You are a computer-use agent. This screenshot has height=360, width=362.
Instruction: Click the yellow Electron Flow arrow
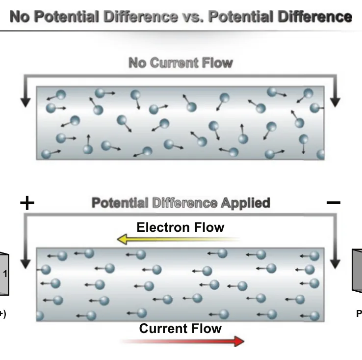[x=179, y=239]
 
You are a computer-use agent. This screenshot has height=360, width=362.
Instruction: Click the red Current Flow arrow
[x=182, y=341]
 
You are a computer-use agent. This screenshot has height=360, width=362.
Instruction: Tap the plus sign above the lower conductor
[x=27, y=203]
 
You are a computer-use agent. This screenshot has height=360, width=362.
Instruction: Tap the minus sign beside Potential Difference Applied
[x=334, y=203]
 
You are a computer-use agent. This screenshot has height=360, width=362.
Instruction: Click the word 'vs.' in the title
[x=193, y=17]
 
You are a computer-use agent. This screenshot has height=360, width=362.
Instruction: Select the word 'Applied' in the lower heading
[x=245, y=203]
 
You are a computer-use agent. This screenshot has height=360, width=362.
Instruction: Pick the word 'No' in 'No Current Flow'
[x=137, y=63]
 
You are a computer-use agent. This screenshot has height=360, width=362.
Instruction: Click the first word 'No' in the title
[x=20, y=17]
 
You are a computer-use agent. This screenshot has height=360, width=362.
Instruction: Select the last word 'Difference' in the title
[x=315, y=17]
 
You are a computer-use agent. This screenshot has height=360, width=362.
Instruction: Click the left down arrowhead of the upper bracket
[x=26, y=102]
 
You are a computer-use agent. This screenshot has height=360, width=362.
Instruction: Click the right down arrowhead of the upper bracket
[x=335, y=102]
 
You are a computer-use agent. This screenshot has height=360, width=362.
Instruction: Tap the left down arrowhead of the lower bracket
[x=26, y=264]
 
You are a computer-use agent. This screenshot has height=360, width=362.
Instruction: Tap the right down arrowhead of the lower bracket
[x=335, y=264]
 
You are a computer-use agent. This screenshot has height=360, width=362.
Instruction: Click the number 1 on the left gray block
[x=5, y=274]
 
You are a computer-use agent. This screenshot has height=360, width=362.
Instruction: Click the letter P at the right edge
[x=359, y=313]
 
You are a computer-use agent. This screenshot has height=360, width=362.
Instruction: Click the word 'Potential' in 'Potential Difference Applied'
[x=120, y=203]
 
